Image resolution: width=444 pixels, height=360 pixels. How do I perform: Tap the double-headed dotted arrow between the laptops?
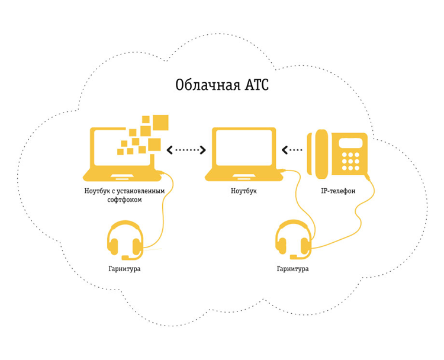click(x=186, y=150)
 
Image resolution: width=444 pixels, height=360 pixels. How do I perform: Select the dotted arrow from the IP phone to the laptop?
click(x=292, y=150)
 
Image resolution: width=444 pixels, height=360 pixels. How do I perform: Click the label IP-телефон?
click(x=338, y=191)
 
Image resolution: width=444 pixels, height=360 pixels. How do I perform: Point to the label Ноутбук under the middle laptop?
click(x=244, y=191)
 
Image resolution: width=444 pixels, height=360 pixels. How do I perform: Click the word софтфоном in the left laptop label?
click(x=124, y=200)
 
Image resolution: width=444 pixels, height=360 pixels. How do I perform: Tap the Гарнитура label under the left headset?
click(x=124, y=268)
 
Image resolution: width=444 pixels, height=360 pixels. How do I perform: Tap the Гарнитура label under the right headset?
click(x=293, y=268)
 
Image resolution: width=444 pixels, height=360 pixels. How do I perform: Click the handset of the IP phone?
click(x=321, y=154)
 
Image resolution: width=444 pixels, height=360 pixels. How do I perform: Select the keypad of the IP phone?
click(x=350, y=162)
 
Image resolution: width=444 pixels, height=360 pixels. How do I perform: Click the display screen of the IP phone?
click(x=350, y=143)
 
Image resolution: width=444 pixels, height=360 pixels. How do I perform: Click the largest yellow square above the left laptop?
click(x=160, y=123)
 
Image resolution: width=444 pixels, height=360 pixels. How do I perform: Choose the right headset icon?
click(x=293, y=240)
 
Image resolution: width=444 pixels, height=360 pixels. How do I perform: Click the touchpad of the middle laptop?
click(x=244, y=176)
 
